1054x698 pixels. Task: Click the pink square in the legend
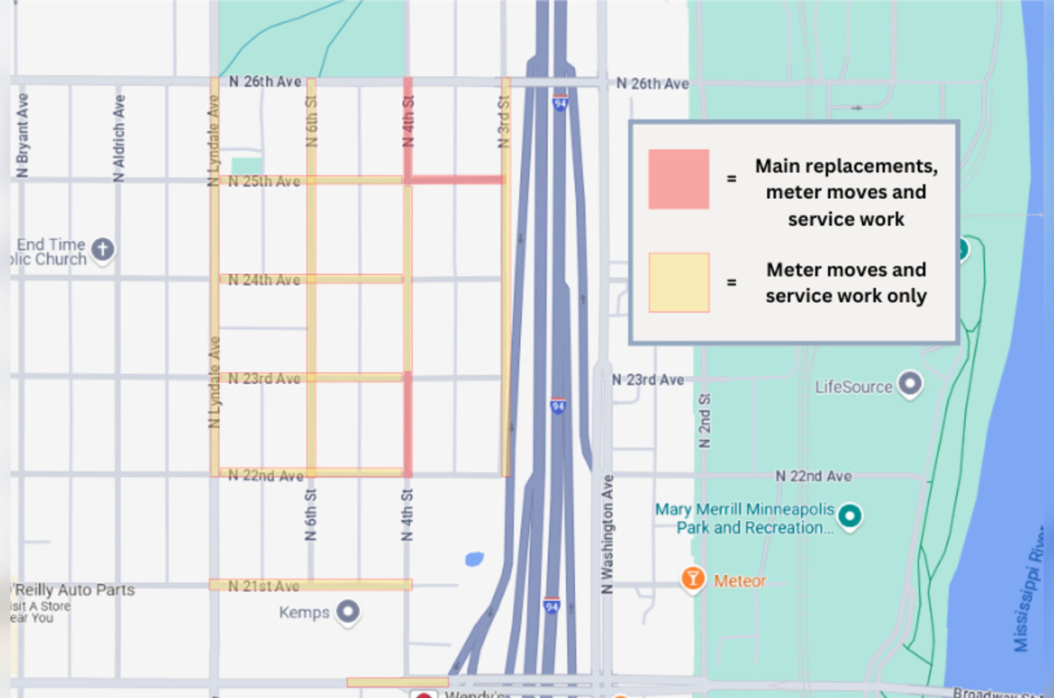click(x=678, y=179)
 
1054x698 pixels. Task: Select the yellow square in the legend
click(x=678, y=283)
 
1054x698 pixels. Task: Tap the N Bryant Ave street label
click(x=24, y=135)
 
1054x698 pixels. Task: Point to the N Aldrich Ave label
click(x=120, y=138)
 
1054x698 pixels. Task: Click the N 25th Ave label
click(x=263, y=181)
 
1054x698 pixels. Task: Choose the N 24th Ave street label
click(x=263, y=280)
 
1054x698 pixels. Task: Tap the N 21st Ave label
click(x=263, y=586)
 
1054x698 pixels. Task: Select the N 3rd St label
click(x=503, y=113)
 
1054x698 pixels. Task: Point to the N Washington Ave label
click(x=608, y=534)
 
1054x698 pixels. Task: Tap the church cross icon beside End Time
click(x=102, y=250)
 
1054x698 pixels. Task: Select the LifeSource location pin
click(x=910, y=385)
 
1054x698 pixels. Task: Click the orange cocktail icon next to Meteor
click(x=693, y=579)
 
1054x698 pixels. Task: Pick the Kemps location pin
click(x=348, y=612)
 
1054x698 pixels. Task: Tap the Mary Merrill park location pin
click(x=849, y=516)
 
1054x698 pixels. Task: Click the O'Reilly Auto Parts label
click(x=73, y=590)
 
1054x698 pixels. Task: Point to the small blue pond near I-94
click(x=474, y=558)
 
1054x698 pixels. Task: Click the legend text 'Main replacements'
click(x=845, y=166)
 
